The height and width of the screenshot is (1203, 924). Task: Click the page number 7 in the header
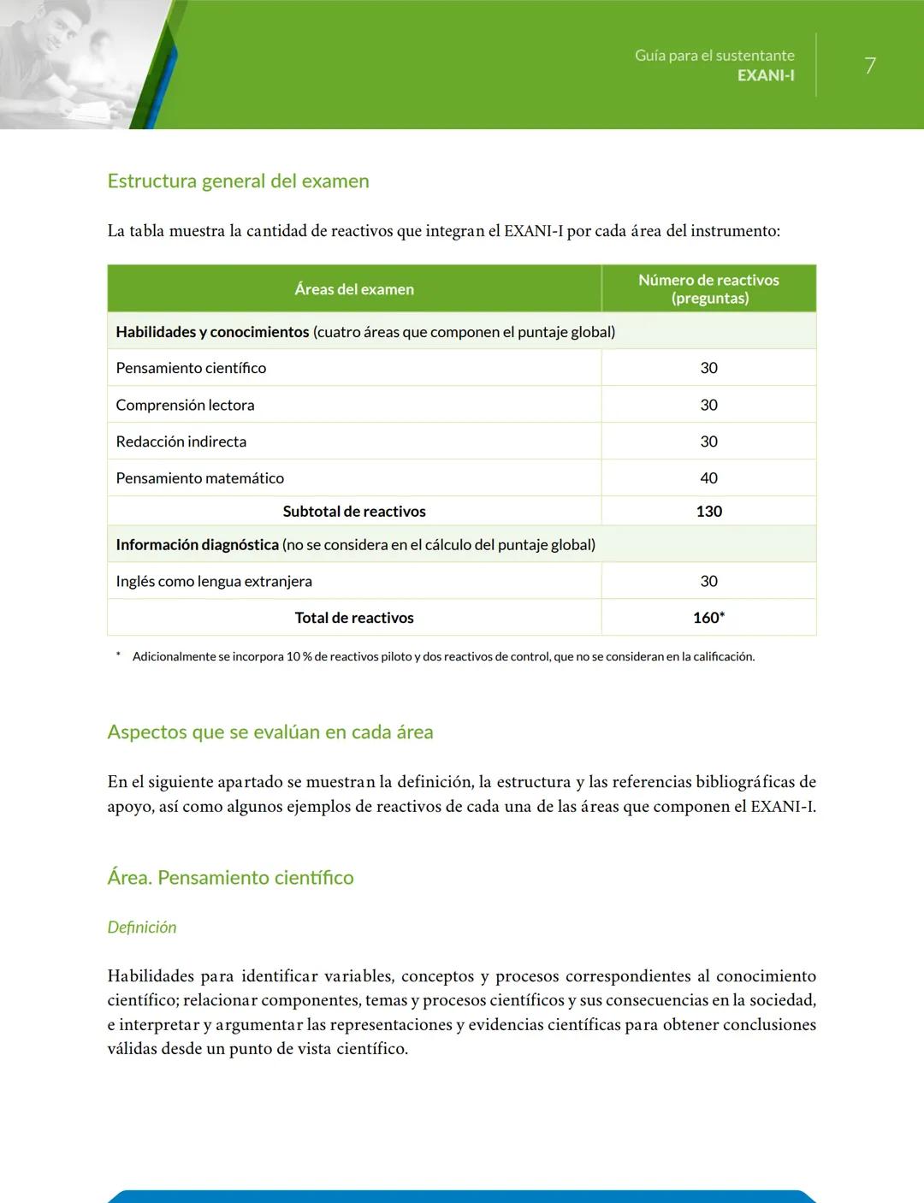coord(869,66)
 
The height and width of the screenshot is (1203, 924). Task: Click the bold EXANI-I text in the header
coord(766,75)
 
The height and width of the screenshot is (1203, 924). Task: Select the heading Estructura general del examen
coord(238,181)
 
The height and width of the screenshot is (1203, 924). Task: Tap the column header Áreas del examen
coord(354,289)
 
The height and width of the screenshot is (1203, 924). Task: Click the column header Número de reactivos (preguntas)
coord(708,289)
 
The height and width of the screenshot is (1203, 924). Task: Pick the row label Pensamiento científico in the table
coord(191,368)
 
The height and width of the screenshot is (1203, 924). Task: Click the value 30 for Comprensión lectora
coord(708,405)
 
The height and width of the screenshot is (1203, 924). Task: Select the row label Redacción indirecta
coord(181,441)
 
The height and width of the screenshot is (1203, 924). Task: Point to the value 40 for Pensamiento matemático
coord(708,478)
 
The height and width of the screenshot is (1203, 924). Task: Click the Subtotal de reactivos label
coord(354,512)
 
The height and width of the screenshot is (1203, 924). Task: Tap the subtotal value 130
coord(708,512)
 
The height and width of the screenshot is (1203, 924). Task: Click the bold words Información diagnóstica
coord(197,545)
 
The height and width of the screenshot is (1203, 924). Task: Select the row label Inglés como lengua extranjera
coord(214,582)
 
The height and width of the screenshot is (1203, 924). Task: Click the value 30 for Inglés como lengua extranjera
coord(708,582)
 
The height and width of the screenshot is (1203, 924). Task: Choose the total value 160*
coord(708,618)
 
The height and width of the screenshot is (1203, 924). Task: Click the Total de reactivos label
coord(354,618)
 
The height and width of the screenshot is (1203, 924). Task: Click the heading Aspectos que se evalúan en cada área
coord(270,732)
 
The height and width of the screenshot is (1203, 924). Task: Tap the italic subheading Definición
coord(142,927)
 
